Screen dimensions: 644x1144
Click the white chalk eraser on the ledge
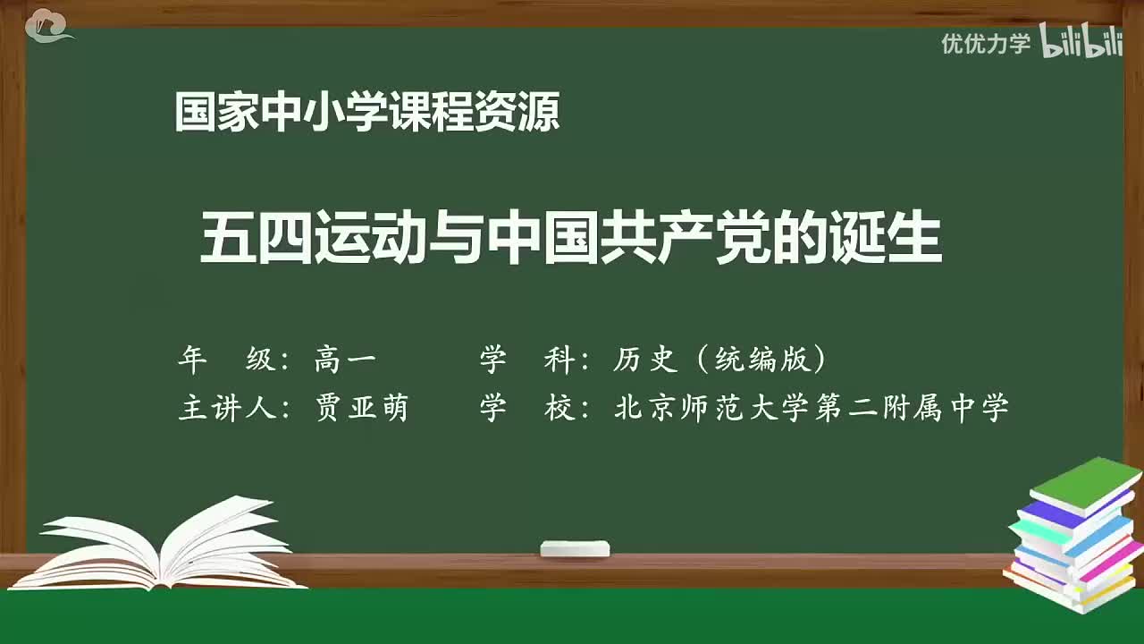pyautogui.click(x=575, y=548)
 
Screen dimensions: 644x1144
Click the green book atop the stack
pyautogui.click(x=1085, y=483)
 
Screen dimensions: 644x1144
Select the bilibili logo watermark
pyautogui.click(x=1081, y=42)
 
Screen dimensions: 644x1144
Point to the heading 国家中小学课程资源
pyautogui.click(x=367, y=113)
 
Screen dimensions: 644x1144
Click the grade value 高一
pyautogui.click(x=345, y=360)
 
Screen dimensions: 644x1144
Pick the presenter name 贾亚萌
pyautogui.click(x=361, y=408)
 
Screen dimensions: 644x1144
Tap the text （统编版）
pyautogui.click(x=760, y=360)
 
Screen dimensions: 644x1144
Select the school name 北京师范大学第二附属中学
pyautogui.click(x=812, y=408)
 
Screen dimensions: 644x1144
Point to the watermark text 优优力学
pyautogui.click(x=985, y=43)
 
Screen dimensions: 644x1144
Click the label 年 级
pyautogui.click(x=227, y=360)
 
